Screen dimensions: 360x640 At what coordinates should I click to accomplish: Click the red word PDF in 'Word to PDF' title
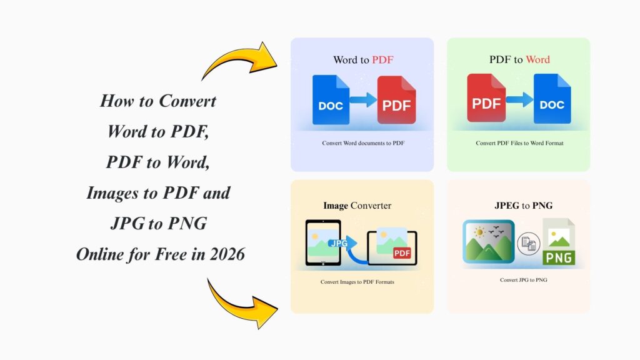pos(382,60)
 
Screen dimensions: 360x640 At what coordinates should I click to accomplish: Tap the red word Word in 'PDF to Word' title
pos(537,60)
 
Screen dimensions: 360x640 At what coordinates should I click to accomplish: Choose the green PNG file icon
pos(559,242)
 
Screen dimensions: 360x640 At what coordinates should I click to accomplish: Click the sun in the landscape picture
pos(478,233)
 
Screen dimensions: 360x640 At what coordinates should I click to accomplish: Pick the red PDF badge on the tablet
pos(401,252)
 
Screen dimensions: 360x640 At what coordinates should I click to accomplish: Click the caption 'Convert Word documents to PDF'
pos(363,143)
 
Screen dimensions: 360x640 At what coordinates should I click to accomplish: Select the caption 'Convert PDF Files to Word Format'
pos(519,143)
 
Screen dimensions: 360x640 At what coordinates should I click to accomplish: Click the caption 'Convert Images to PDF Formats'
pos(357,282)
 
